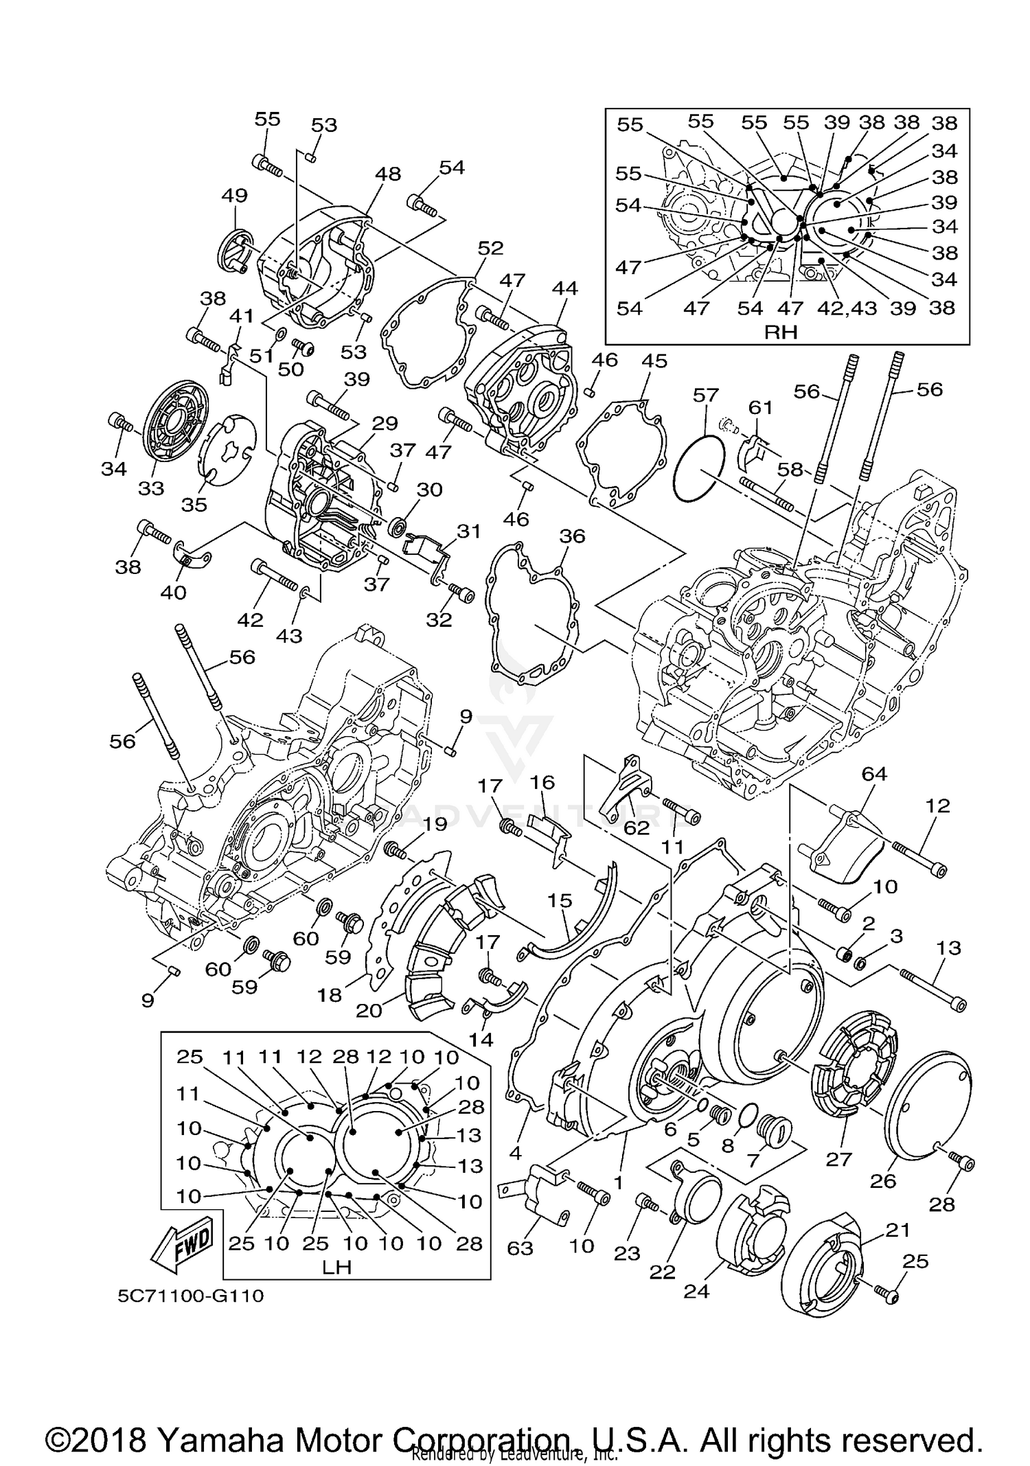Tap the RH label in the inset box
tap(781, 332)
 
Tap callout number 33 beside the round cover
tap(151, 488)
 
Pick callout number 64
tap(874, 774)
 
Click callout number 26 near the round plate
tap(883, 1180)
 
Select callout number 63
tap(520, 1248)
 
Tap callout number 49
tap(234, 195)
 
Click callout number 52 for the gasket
tap(490, 248)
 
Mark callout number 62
tap(637, 828)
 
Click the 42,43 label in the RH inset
tap(847, 308)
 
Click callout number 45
tap(654, 360)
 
